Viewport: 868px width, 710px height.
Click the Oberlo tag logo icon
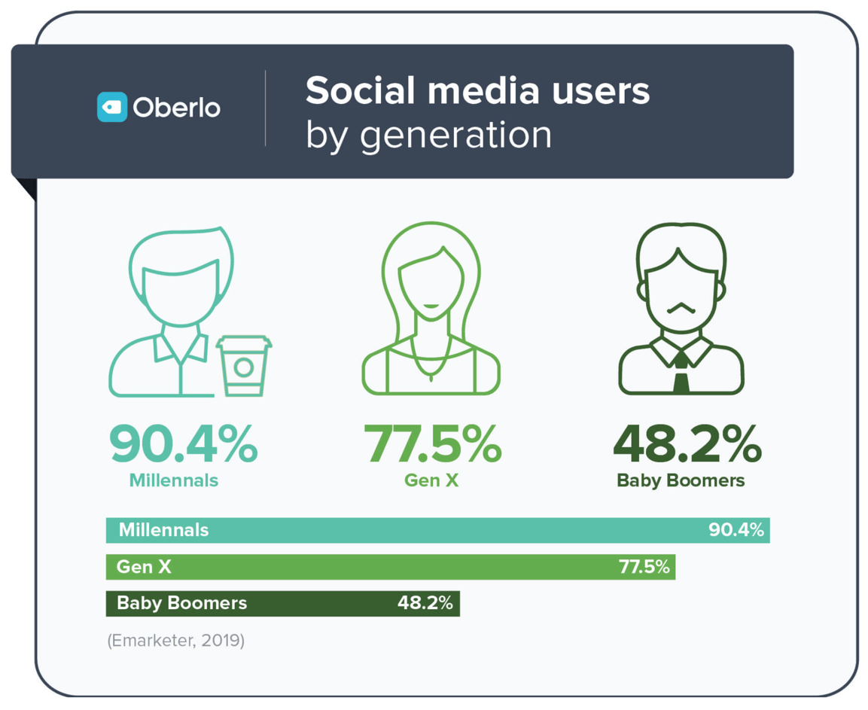pos(111,107)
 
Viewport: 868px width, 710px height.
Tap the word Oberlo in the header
pos(177,108)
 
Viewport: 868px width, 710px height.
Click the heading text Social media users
pos(477,91)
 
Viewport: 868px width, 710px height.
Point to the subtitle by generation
pos(428,135)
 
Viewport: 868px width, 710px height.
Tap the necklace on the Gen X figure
pos(431,365)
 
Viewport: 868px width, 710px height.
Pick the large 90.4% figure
pos(183,445)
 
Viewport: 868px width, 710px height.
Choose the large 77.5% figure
pos(432,445)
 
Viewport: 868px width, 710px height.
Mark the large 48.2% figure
pos(687,445)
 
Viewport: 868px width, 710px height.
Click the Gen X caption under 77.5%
pos(431,480)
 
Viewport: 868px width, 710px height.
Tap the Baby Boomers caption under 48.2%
pos(681,480)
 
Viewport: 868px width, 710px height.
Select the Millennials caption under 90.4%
pos(174,480)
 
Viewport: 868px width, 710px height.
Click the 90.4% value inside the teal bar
pos(736,530)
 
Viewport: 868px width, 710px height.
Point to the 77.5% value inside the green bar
pos(644,567)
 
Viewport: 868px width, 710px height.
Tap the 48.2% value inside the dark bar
pos(425,603)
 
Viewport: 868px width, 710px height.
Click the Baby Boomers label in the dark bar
pos(181,603)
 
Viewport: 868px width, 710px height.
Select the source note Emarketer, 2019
pos(176,641)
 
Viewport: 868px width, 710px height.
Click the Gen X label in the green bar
pos(144,567)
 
